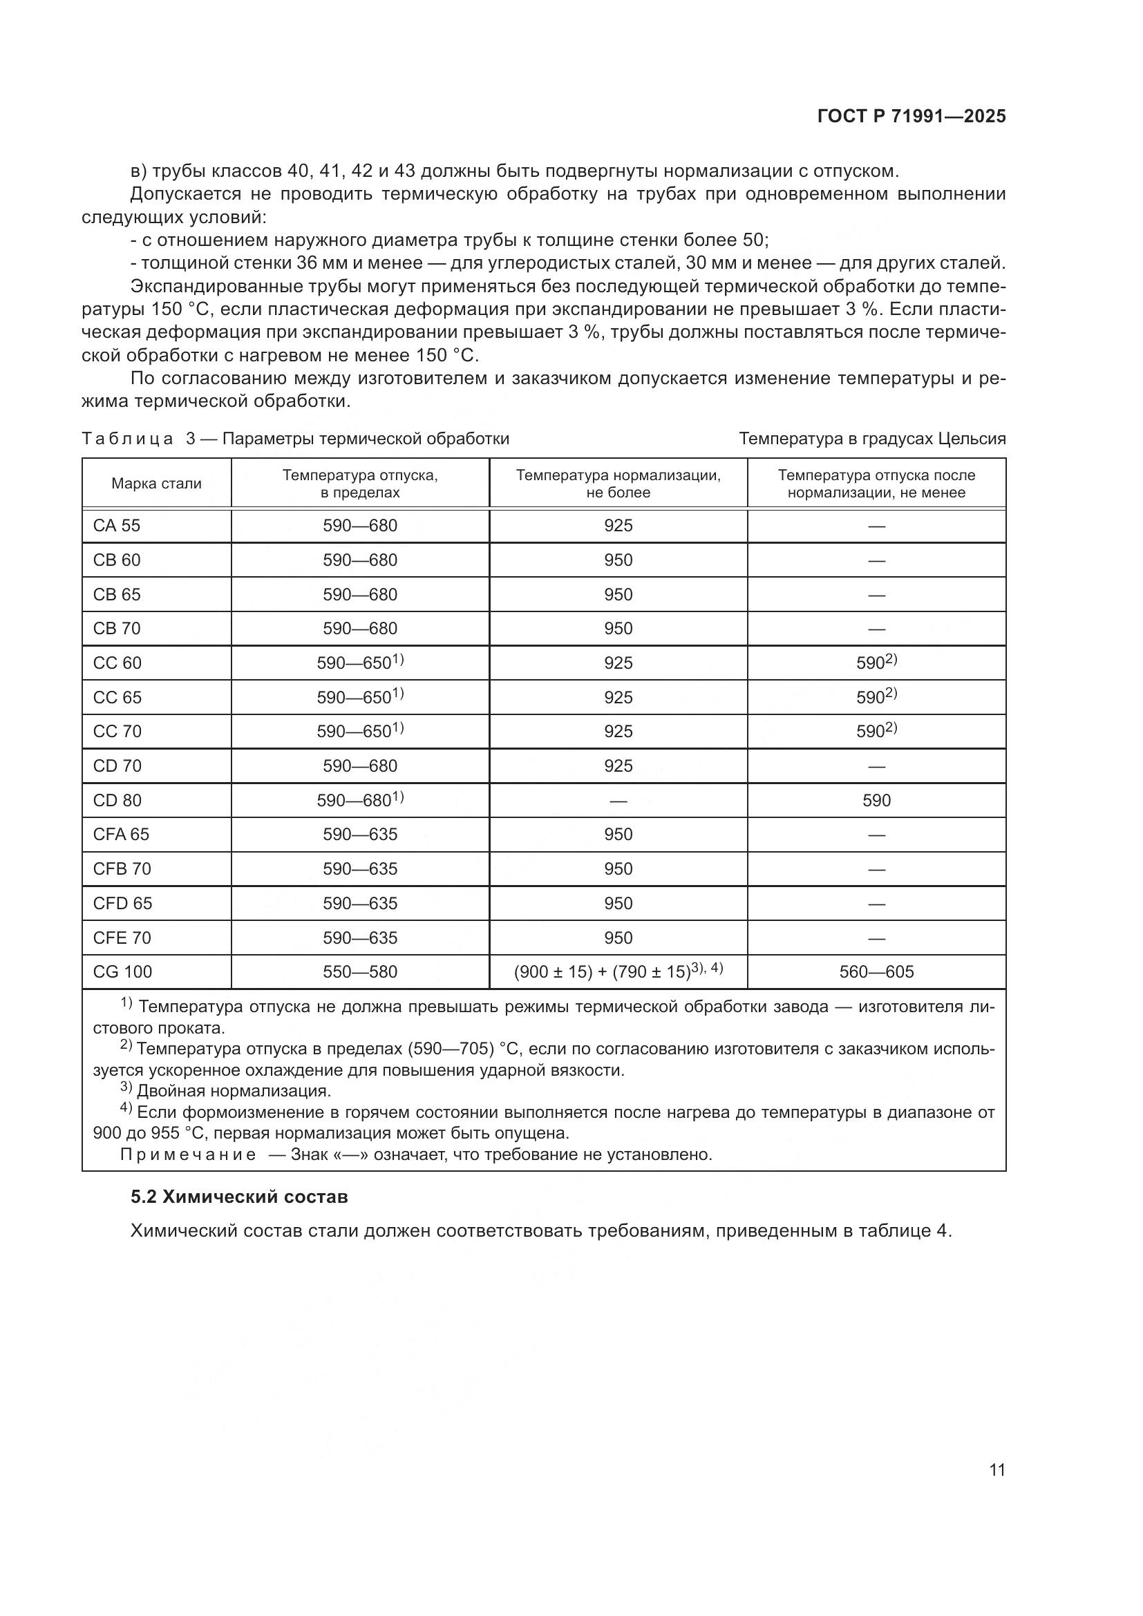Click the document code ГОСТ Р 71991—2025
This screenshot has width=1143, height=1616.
click(x=911, y=117)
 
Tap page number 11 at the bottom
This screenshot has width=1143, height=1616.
click(x=997, y=1470)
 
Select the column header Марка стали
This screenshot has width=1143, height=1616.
click(x=156, y=484)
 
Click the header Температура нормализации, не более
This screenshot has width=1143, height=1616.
click(x=618, y=484)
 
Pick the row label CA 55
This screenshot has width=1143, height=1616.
click(x=117, y=526)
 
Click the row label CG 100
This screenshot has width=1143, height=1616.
click(x=122, y=972)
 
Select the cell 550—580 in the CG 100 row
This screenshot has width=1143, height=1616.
click(x=359, y=972)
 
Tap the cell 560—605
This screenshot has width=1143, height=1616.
click(x=876, y=972)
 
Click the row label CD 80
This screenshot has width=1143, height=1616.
click(x=117, y=800)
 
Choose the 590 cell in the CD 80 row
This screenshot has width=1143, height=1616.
click(x=876, y=800)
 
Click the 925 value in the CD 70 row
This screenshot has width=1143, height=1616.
click(x=618, y=766)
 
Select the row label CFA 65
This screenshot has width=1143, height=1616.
click(x=121, y=834)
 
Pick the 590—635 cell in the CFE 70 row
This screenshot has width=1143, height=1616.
click(x=359, y=938)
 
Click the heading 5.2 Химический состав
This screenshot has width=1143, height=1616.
click(x=239, y=1197)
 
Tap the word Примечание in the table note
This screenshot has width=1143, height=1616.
click(x=188, y=1155)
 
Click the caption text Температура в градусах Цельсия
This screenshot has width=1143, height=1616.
click(x=872, y=439)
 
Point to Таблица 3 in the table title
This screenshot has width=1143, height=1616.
click(x=138, y=439)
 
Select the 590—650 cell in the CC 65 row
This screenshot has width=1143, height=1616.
click(x=354, y=698)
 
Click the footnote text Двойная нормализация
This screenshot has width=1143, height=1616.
click(x=234, y=1092)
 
